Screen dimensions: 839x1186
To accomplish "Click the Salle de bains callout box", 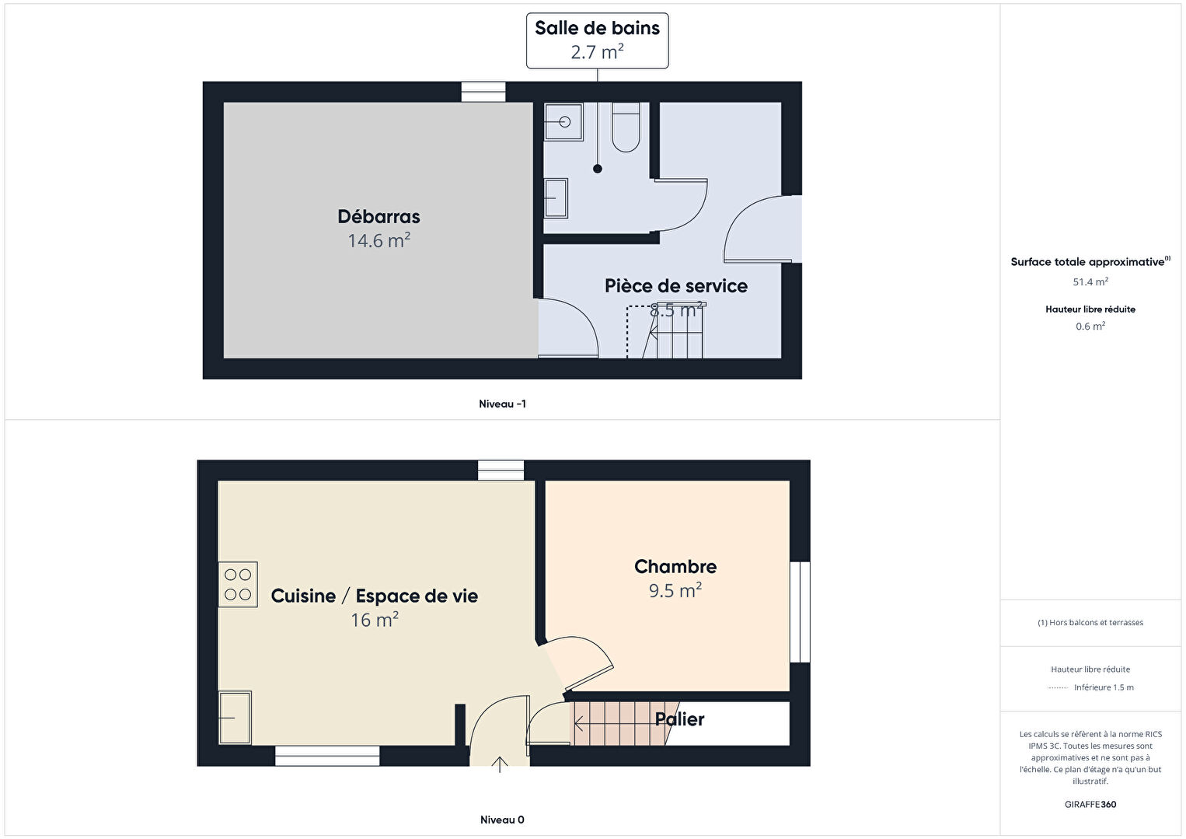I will coord(597,40).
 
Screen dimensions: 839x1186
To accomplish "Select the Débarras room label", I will coord(378,217).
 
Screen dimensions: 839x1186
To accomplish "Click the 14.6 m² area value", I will coord(378,241).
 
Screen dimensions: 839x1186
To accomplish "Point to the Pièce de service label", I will coord(675,286).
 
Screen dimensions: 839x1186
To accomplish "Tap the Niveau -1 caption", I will coord(502,404).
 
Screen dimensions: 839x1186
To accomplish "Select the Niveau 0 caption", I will coord(502,820).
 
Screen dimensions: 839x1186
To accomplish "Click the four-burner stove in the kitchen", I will coord(238,584).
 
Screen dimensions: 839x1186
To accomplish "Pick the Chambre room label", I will coord(675,567).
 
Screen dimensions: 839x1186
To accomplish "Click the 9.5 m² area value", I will coord(675,591).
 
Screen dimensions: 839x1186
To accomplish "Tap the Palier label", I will coord(679,719).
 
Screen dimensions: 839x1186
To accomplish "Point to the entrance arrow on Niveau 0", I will coord(500,764).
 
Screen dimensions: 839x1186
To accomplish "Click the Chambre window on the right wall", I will coord(800,612).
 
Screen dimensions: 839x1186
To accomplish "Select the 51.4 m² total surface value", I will coord(1090,282).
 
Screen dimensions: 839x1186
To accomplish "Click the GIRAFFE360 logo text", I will coord(1090,805).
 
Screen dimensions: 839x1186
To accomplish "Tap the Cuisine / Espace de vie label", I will coord(374,596).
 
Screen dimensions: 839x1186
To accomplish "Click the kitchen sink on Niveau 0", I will coord(235,718).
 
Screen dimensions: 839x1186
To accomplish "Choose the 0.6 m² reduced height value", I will coord(1090,327).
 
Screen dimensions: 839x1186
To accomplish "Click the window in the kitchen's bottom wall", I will coord(327,756).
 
